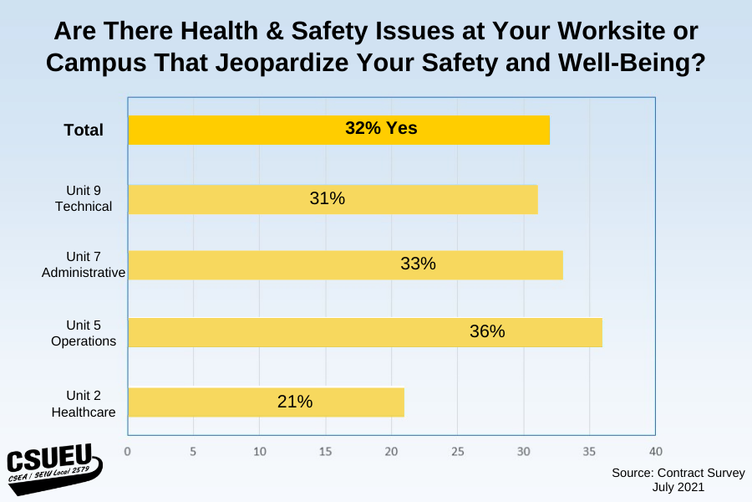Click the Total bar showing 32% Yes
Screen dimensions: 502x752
click(338, 130)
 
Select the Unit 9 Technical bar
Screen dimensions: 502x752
click(333, 199)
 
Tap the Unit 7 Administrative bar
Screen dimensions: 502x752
click(345, 264)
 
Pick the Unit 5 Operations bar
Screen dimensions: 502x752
click(364, 332)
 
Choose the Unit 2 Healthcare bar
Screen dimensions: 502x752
click(266, 402)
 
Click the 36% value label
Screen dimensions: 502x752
click(487, 331)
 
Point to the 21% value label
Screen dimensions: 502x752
click(295, 402)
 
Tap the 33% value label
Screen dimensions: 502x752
click(418, 264)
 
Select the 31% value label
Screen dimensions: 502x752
click(327, 198)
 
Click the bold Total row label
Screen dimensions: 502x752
click(84, 130)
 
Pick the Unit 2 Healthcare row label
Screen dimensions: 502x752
click(84, 402)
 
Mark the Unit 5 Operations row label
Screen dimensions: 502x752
click(84, 332)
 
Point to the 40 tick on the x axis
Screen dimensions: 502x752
click(655, 452)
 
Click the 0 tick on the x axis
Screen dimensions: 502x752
click(127, 452)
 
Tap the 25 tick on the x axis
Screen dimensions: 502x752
click(457, 452)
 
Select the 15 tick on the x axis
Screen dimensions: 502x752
click(325, 452)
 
